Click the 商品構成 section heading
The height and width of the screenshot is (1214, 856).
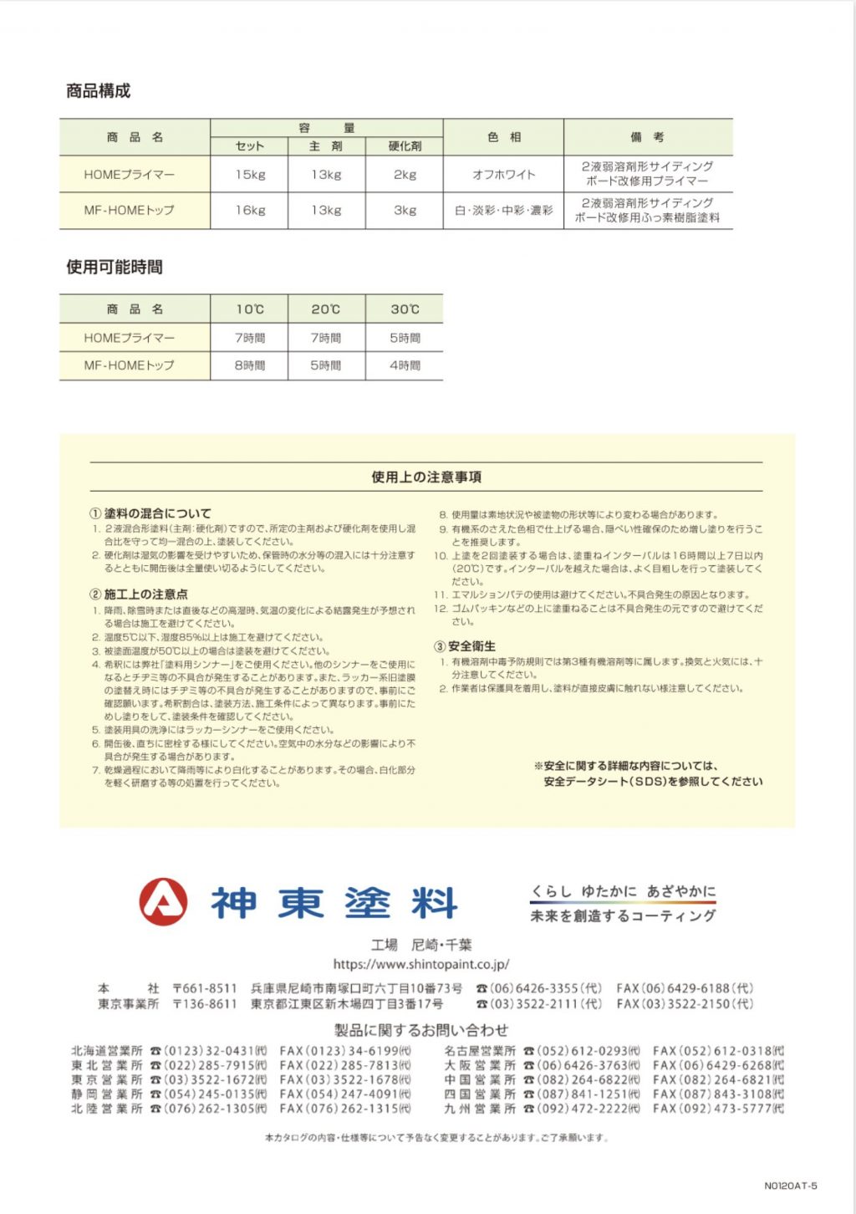pyautogui.click(x=99, y=91)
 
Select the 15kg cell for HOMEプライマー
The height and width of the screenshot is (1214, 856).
pyautogui.click(x=250, y=175)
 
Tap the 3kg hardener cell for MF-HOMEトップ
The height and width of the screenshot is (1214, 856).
pyautogui.click(x=405, y=211)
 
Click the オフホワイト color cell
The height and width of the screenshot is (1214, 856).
pyautogui.click(x=503, y=175)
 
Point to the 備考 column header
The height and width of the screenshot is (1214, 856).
pyautogui.click(x=648, y=136)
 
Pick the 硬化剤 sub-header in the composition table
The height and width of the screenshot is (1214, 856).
pyautogui.click(x=405, y=146)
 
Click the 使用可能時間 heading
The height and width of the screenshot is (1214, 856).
pyautogui.click(x=115, y=268)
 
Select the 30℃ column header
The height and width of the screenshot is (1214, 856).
pyautogui.click(x=405, y=309)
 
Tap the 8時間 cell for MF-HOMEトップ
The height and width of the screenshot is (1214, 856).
pyautogui.click(x=250, y=365)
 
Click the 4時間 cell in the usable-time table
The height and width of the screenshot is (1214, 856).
pyautogui.click(x=405, y=365)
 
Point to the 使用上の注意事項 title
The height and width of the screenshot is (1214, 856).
pyautogui.click(x=426, y=477)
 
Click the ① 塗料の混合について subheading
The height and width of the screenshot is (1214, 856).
pyautogui.click(x=151, y=513)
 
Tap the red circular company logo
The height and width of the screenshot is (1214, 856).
pyautogui.click(x=162, y=902)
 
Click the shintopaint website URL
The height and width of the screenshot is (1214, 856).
pyautogui.click(x=421, y=964)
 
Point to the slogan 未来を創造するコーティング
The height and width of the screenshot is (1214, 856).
pyautogui.click(x=623, y=916)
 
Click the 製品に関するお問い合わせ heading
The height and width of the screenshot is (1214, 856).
pyautogui.click(x=421, y=1030)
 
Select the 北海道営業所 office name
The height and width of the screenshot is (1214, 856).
pyautogui.click(x=107, y=1051)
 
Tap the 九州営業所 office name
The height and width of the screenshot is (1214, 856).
pyautogui.click(x=480, y=1109)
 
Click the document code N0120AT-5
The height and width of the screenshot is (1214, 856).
pyautogui.click(x=791, y=1186)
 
